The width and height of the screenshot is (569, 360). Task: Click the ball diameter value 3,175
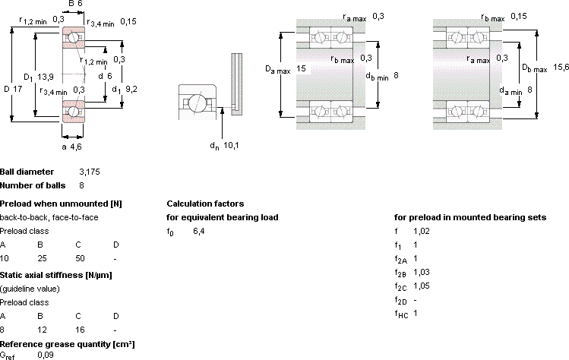[90, 172]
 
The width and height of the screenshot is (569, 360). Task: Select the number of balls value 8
[81, 185]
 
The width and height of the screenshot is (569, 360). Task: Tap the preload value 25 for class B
[42, 258]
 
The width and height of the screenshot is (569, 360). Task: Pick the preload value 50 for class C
[80, 258]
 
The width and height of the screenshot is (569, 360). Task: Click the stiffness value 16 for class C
[80, 330]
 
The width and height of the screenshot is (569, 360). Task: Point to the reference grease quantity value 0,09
[46, 355]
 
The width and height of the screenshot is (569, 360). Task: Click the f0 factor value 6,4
[199, 231]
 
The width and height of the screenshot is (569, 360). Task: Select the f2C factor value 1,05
[422, 286]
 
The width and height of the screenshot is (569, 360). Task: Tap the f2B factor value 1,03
[422, 272]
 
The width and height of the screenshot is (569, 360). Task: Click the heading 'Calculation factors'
[205, 204]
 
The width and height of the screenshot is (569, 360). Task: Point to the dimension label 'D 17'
[13, 89]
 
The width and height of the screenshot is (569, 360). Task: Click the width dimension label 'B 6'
[75, 4]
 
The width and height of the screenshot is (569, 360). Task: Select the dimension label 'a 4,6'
[71, 147]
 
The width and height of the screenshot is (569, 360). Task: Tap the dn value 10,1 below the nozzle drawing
[231, 146]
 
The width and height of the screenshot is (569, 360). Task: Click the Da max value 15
[301, 68]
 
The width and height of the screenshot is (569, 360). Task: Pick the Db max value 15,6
[561, 67]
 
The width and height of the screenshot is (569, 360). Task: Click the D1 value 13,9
[46, 77]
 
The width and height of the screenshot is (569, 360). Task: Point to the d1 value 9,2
[131, 89]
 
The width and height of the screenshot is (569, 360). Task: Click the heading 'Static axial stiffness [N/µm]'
[56, 275]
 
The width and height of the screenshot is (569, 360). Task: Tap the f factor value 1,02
[422, 231]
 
